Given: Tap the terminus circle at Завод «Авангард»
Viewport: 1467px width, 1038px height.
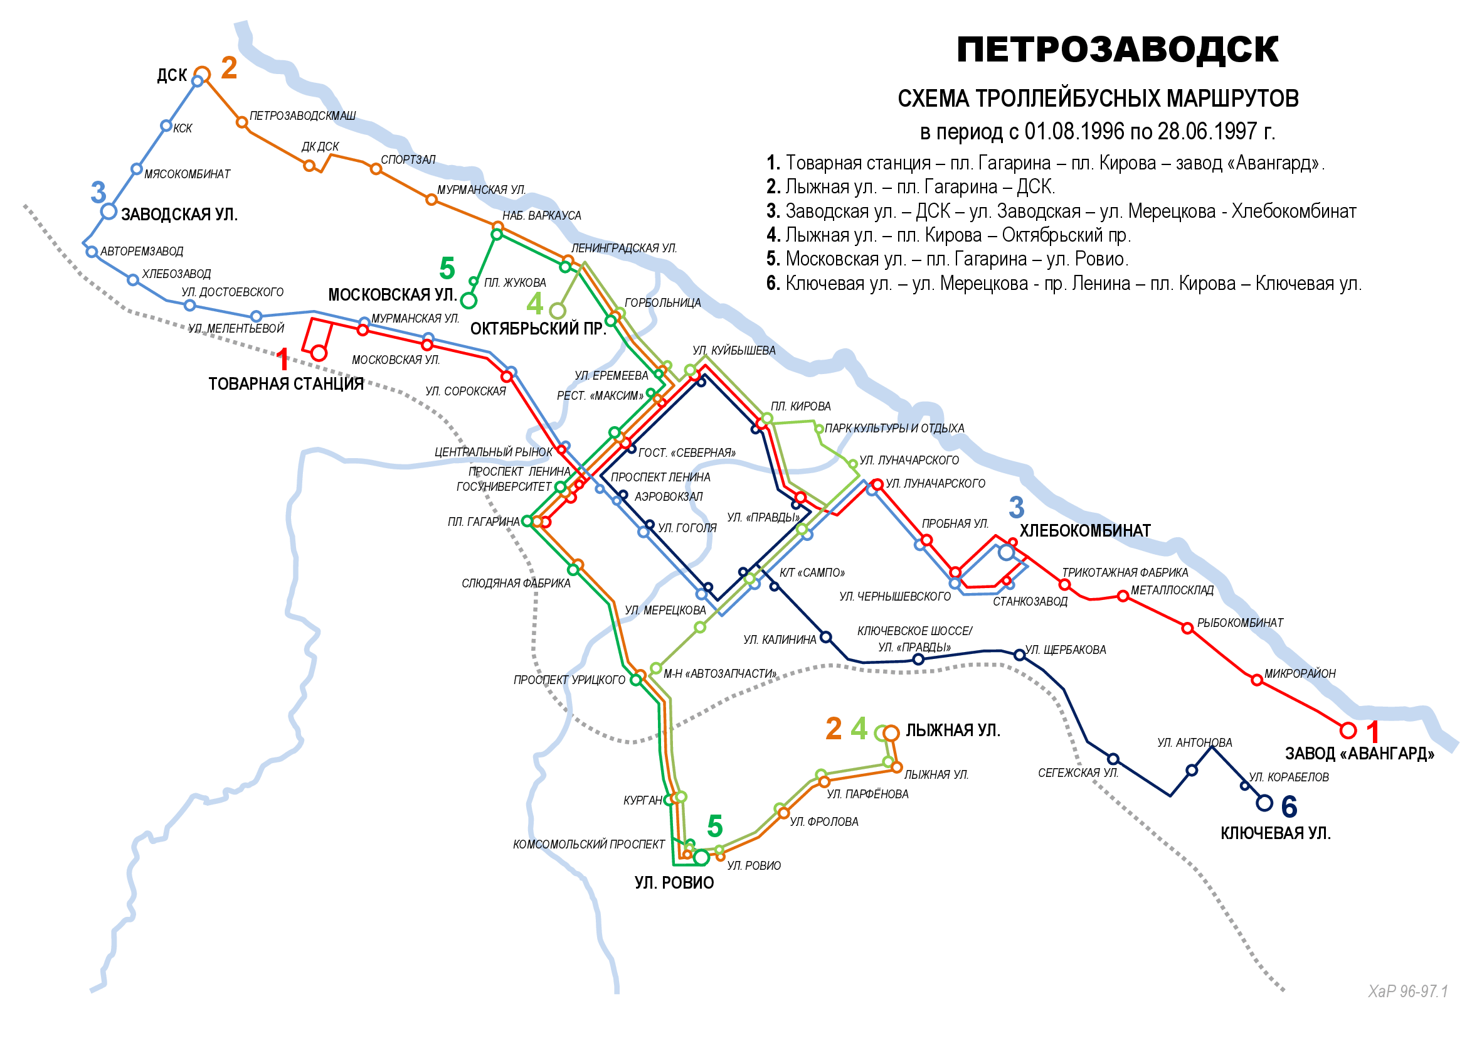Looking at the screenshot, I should coord(1348,730).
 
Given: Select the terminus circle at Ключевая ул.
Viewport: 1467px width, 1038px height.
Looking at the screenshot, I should coord(1264,803).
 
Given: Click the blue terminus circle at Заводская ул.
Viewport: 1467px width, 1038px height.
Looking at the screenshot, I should coord(109,211).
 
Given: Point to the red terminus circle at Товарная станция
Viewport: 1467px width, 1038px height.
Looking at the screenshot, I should coord(319,353).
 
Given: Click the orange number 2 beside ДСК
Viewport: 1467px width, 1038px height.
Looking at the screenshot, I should coord(229,68).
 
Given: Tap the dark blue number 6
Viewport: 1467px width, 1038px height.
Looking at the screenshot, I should coord(1290,806).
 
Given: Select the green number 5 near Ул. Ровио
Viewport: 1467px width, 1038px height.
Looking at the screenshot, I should coord(715,827).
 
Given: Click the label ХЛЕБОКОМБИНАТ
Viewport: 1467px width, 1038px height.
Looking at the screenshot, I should coord(1085,531).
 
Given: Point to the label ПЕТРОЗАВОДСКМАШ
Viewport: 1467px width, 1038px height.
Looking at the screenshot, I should coord(302,115).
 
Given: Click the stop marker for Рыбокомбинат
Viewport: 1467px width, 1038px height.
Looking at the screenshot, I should coord(1187,628).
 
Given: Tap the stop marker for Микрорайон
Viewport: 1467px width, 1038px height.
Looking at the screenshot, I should coord(1257,680).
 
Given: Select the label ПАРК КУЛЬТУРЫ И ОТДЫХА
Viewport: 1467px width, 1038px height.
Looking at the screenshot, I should coord(894,428).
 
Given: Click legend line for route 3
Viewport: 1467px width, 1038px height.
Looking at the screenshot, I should coord(1061,211).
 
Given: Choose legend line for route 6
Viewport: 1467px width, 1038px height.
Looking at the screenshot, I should coord(1064,283).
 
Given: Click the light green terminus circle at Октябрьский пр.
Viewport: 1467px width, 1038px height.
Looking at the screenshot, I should coord(558,311).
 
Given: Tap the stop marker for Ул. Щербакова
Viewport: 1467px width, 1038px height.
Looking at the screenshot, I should coord(1020,655).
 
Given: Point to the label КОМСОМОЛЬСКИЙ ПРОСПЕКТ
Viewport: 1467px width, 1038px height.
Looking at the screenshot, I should coord(588,844).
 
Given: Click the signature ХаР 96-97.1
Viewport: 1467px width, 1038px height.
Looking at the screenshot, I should coord(1407,992).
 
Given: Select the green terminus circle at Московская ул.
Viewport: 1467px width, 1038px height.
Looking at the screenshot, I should coord(469,301).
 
